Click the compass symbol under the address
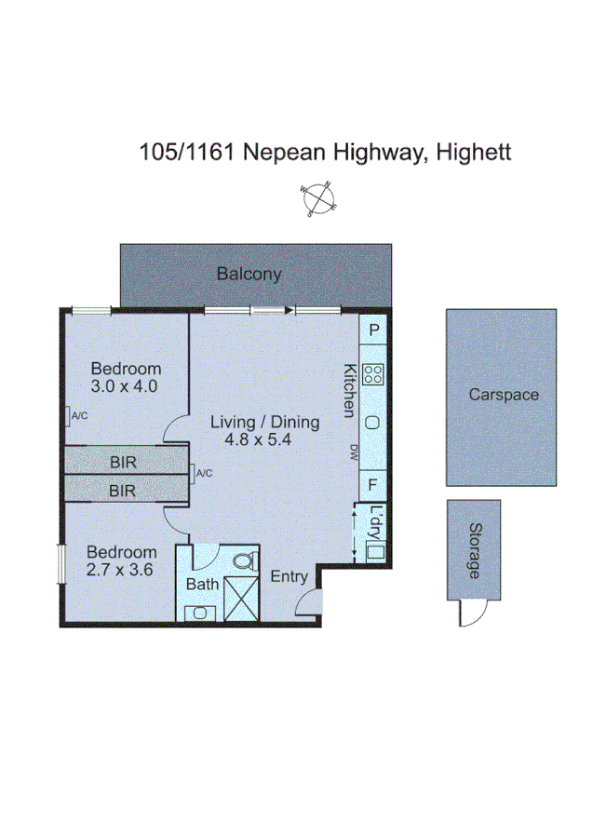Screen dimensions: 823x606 tap(318, 199)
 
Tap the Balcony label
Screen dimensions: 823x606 tap(249, 274)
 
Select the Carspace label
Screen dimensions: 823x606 tap(503, 395)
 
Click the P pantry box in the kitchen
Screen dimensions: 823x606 tap(373, 331)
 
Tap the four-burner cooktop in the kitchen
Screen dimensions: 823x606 tap(373, 374)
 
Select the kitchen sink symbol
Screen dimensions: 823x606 tap(372, 422)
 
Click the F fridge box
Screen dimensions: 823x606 tap(372, 484)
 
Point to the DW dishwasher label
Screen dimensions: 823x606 tap(353, 452)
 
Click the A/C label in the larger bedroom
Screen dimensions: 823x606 tap(79, 415)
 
